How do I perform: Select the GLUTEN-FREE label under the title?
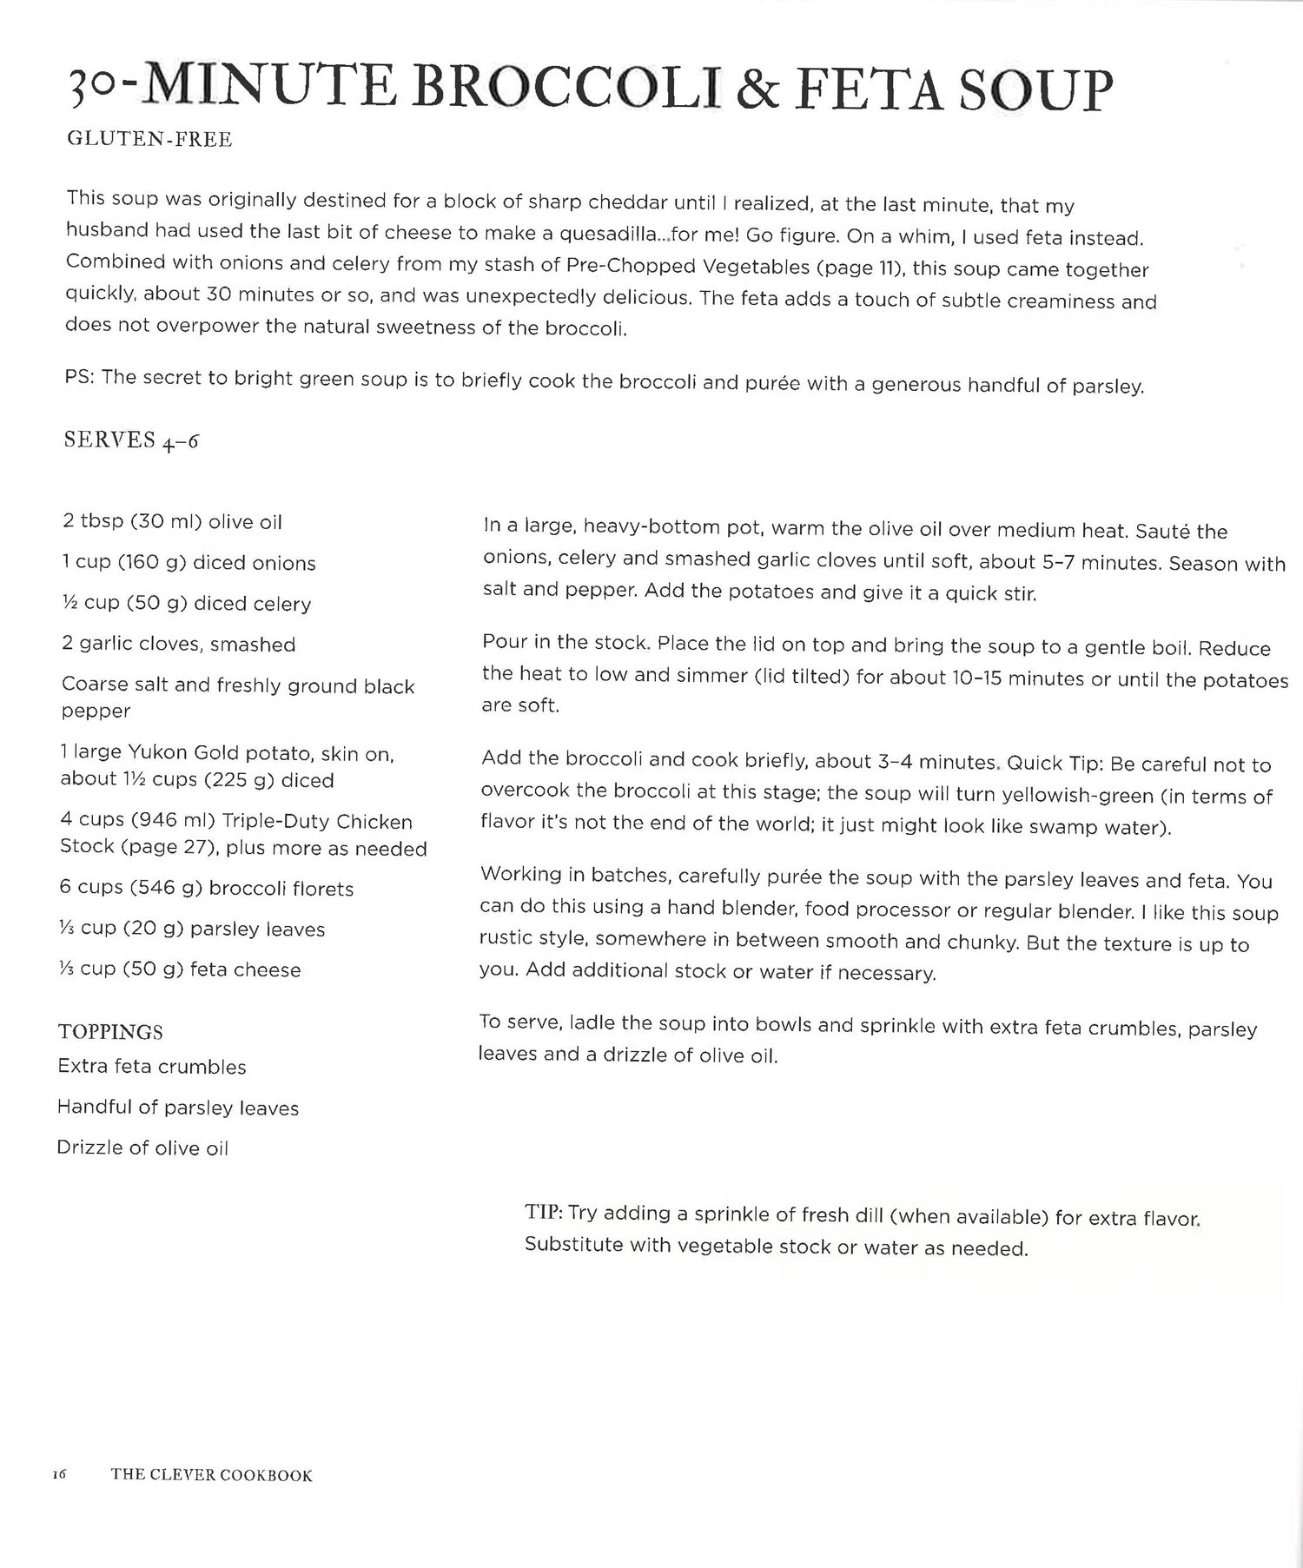[149, 139]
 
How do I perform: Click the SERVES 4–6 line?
[131, 440]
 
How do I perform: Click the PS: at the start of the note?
[83, 379]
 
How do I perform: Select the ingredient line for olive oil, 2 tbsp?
[172, 522]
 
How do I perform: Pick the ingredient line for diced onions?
[189, 563]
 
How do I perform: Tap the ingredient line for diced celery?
[186, 604]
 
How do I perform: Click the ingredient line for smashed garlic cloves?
[178, 645]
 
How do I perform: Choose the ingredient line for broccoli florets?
[206, 889]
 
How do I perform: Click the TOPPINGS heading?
[110, 1032]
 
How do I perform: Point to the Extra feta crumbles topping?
[151, 1067]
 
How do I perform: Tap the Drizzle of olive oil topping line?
[142, 1148]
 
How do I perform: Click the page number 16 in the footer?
[59, 1474]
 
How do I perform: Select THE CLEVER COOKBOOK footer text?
[211, 1475]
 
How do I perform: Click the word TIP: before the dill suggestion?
[544, 1214]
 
